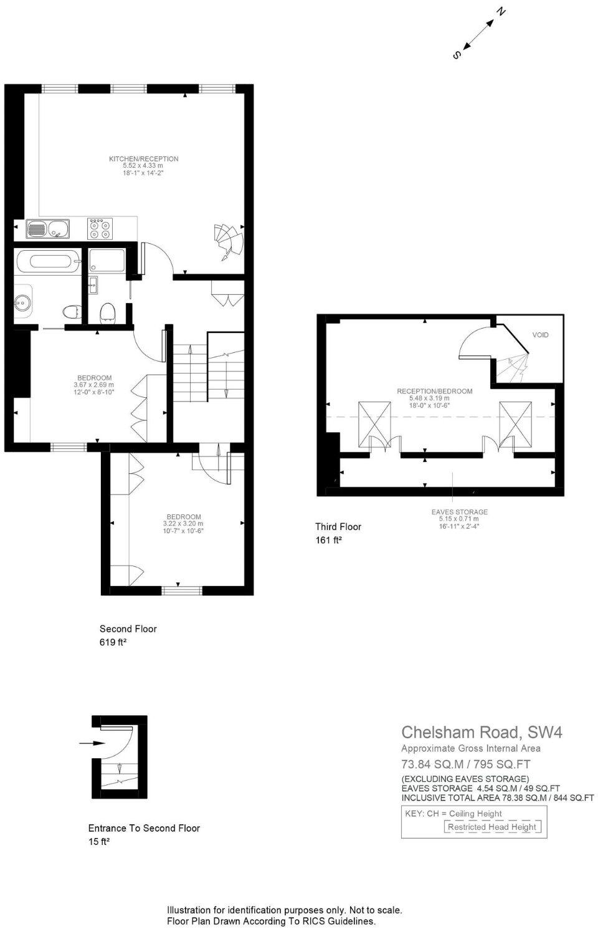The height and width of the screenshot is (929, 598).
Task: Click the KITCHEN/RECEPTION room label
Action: click(x=144, y=159)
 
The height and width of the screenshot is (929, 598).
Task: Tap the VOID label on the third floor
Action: click(x=540, y=335)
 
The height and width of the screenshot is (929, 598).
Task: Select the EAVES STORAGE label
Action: click(x=459, y=512)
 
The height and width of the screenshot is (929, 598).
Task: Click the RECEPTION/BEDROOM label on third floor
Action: click(x=435, y=392)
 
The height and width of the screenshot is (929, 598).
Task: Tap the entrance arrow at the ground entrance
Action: click(x=91, y=743)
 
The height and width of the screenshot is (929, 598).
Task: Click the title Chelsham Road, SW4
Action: click(x=482, y=732)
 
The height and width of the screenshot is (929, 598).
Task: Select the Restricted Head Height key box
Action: click(x=491, y=827)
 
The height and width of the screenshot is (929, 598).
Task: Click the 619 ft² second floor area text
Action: click(x=113, y=642)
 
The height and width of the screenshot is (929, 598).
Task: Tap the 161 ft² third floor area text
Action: click(x=328, y=541)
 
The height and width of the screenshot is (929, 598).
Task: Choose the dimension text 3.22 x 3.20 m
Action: click(x=183, y=524)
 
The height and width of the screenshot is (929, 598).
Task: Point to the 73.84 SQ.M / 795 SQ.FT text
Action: click(x=465, y=764)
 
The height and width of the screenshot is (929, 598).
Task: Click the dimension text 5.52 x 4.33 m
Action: click(x=143, y=166)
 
